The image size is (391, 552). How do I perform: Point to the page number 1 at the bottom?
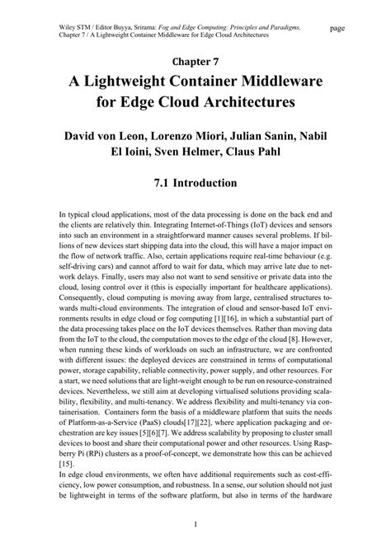tap(195, 525)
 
